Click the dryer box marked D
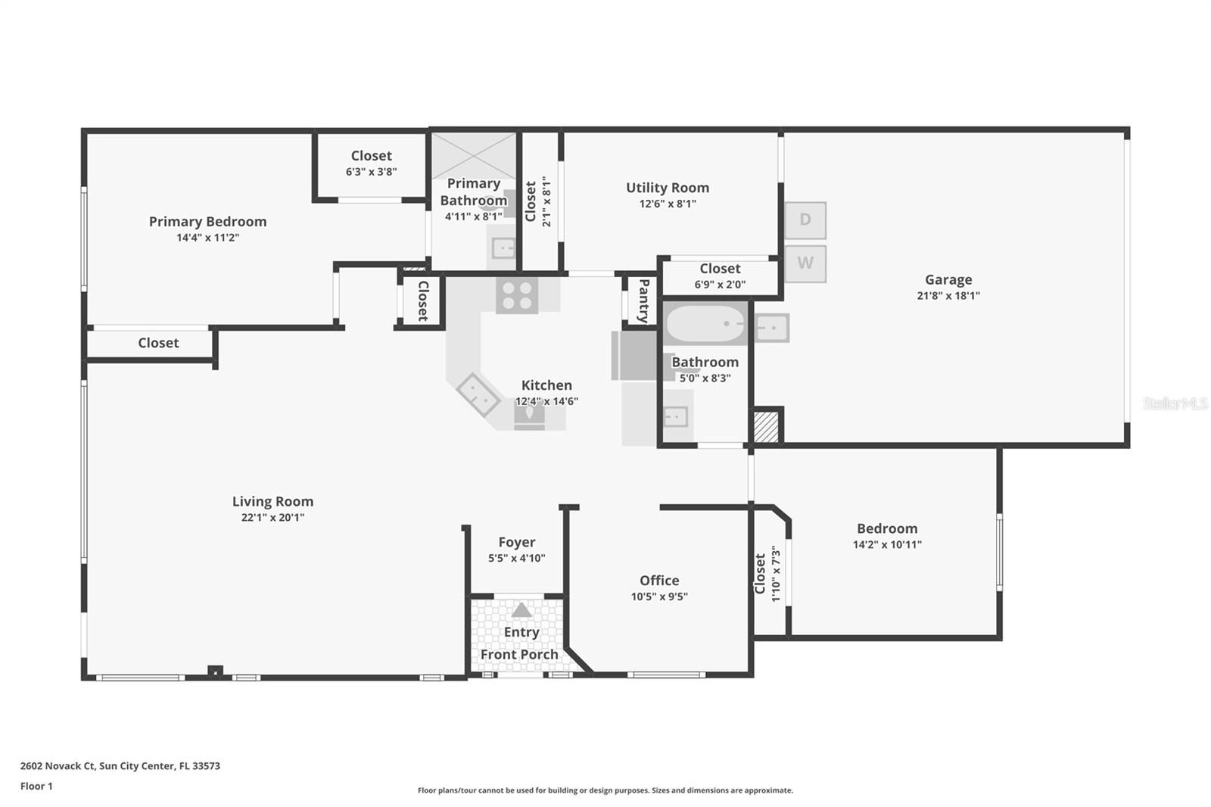tap(805, 220)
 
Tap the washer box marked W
tap(805, 263)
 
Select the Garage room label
tap(948, 279)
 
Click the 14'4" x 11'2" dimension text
tap(208, 238)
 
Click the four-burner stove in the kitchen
tap(517, 295)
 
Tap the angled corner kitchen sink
tap(477, 394)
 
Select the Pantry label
tap(643, 301)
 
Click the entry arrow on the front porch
tap(521, 610)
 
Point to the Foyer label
tap(517, 542)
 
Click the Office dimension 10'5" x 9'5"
tap(659, 597)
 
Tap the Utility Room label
tap(668, 188)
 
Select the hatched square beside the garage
tap(766, 426)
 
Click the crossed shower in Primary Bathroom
tap(474, 155)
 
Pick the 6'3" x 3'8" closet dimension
tap(371, 172)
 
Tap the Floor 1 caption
tap(36, 786)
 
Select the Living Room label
tap(272, 501)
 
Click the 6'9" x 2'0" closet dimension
tap(720, 285)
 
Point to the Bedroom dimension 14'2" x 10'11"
tap(887, 544)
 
